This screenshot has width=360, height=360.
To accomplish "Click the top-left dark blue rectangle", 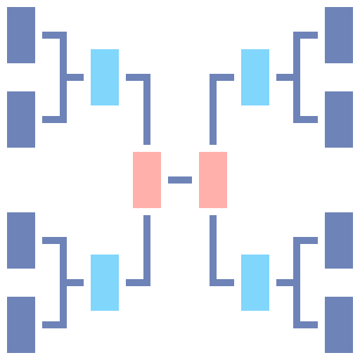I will click(21, 35).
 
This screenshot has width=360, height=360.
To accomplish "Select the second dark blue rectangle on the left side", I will click(21, 120).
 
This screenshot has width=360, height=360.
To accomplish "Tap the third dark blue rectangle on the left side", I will click(21, 240).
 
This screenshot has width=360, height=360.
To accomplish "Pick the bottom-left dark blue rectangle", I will click(21, 325).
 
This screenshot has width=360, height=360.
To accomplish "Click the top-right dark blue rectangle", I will click(339, 35).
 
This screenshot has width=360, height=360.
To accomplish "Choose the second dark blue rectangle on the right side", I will click(339, 120).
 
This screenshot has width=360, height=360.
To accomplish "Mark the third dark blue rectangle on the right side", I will click(339, 240).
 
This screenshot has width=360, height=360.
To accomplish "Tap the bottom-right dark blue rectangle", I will click(339, 325).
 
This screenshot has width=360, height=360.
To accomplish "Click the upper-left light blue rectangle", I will click(105, 77).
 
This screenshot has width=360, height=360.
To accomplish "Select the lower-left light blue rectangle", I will click(105, 283).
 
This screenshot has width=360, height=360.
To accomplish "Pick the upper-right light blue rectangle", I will click(255, 77).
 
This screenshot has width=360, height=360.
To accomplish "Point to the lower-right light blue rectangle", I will click(255, 283).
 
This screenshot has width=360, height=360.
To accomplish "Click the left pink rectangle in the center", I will click(147, 180).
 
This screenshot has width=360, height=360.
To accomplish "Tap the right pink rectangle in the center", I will click(213, 180).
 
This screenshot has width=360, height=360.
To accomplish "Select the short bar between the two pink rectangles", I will click(180, 180).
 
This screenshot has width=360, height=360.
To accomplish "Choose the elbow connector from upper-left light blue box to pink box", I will click(147, 105).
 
